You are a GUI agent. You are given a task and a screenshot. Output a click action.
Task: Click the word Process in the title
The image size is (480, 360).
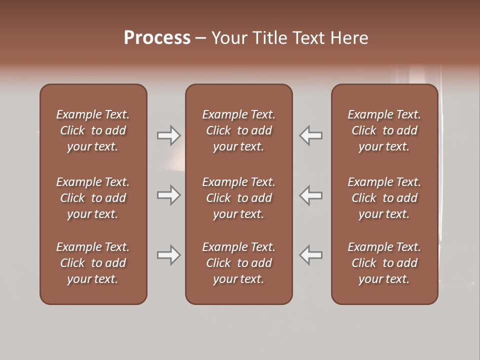[x=157, y=38]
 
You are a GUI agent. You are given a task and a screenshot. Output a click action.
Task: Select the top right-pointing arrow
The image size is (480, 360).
[x=168, y=135]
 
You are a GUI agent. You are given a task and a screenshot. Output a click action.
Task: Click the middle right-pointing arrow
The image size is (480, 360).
[x=168, y=195]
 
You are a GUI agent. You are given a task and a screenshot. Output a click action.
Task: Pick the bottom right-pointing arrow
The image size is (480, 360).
[x=168, y=255]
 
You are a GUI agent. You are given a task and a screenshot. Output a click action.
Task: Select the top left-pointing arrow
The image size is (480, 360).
[x=311, y=135]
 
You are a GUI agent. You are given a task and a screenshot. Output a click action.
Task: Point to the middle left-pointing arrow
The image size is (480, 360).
[x=311, y=195]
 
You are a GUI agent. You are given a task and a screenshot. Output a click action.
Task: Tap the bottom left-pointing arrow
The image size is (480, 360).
[x=311, y=255]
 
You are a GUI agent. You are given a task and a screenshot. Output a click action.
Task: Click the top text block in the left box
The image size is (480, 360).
[x=93, y=130]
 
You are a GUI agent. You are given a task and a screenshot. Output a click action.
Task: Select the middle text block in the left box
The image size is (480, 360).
[x=93, y=198]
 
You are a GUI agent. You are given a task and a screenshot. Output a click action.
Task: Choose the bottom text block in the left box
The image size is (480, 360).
[x=93, y=263]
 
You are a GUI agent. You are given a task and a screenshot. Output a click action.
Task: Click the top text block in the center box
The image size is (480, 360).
[x=238, y=130]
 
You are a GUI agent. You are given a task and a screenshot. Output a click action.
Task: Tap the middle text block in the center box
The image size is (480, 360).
[x=238, y=198]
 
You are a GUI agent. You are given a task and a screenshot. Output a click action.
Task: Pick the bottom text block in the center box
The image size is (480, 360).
[x=238, y=263]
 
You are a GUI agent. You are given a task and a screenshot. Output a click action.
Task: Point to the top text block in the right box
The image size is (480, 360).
[x=384, y=130]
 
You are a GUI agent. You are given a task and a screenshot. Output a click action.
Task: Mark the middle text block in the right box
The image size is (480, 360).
[x=384, y=198]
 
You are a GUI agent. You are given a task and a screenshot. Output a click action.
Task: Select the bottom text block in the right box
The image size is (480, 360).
[x=384, y=263]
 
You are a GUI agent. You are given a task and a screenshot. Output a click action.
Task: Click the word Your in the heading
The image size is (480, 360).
[x=228, y=38]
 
